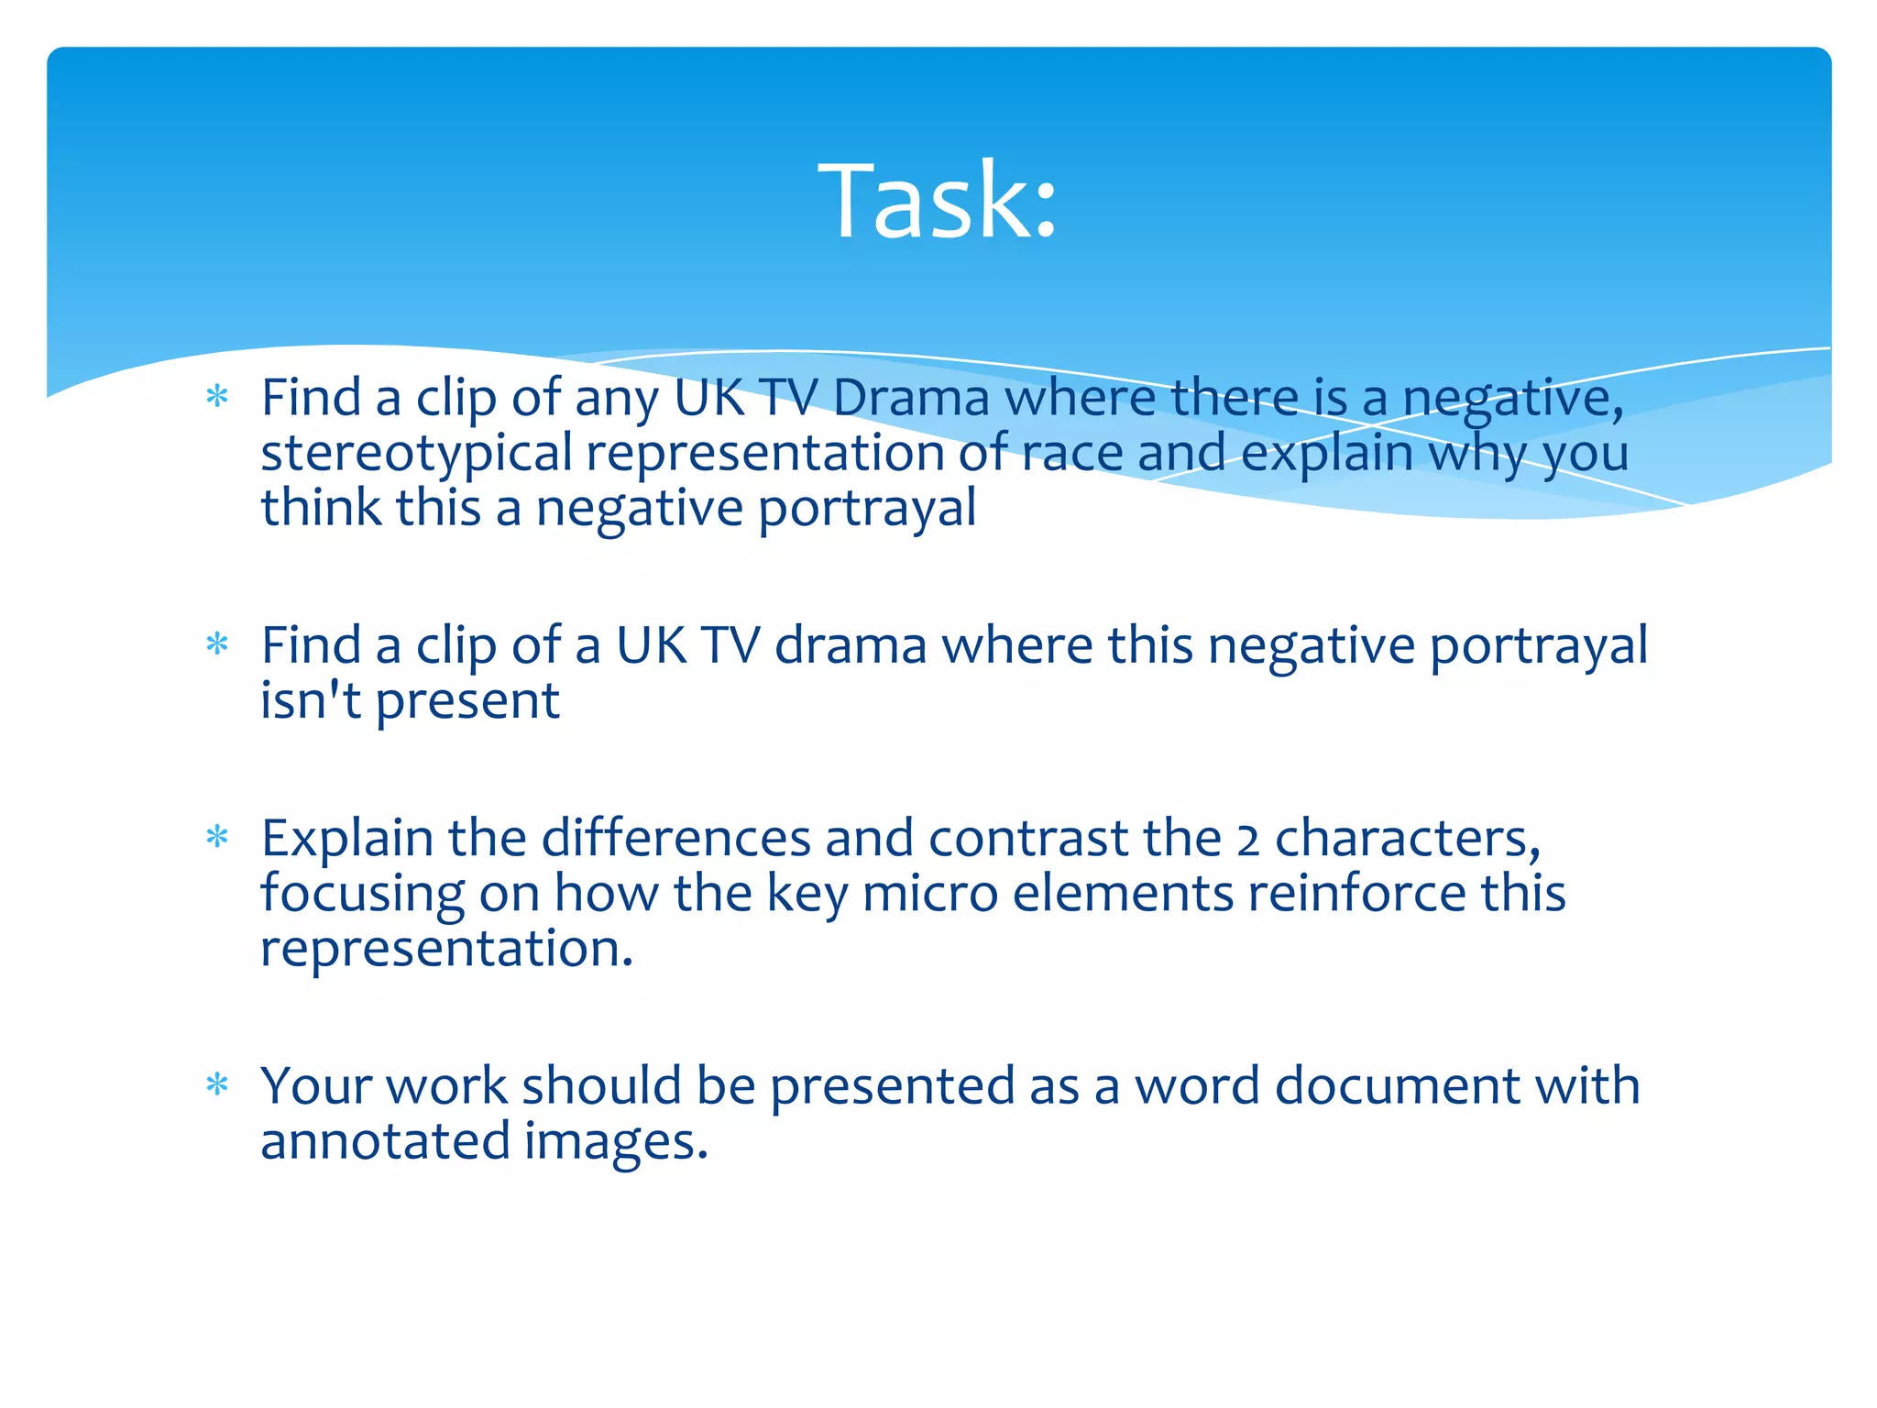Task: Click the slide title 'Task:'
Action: [x=938, y=201]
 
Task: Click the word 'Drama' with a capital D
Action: [x=911, y=399]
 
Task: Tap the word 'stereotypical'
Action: [x=417, y=455]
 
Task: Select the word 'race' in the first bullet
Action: [x=1071, y=455]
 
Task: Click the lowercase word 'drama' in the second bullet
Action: [x=851, y=646]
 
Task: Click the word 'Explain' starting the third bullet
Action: [x=347, y=840]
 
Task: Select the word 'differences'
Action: [x=675, y=840]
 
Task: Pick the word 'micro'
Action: [x=929, y=895]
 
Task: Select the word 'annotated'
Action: [x=385, y=1142]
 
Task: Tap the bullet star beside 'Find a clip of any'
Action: [x=217, y=397]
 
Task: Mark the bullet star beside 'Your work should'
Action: [x=217, y=1085]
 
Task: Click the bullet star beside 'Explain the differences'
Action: [x=217, y=837]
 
